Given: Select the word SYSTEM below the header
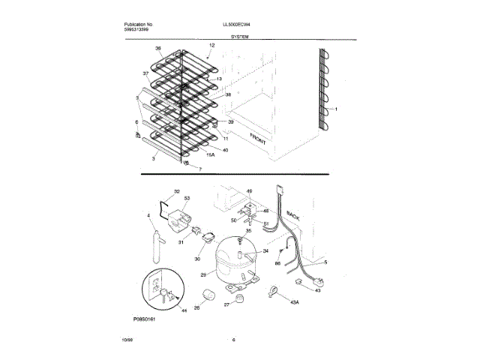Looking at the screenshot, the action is (x=241, y=35).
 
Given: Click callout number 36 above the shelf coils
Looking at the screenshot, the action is (x=158, y=49).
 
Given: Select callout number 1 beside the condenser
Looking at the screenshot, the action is (x=337, y=109).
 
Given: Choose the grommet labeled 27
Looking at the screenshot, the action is (x=239, y=299).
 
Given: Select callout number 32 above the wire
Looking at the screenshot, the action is (x=177, y=191).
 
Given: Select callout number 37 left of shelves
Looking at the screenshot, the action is (x=145, y=73).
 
